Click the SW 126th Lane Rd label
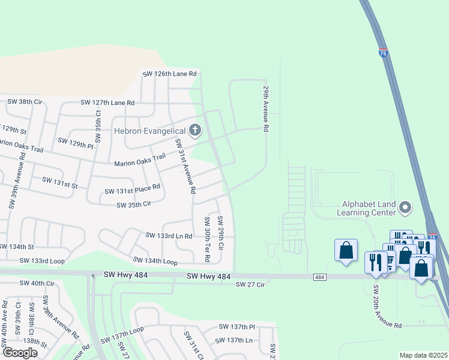pyautogui.click(x=170, y=74)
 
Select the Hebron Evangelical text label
pyautogui.click(x=149, y=130)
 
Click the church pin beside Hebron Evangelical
pyautogui.click(x=194, y=130)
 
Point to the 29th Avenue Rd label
pyautogui.click(x=265, y=108)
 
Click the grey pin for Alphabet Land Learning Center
pyautogui.click(x=405, y=208)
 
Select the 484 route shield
pyautogui.click(x=319, y=277)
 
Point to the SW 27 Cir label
pyautogui.click(x=250, y=284)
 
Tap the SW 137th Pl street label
pyautogui.click(x=237, y=327)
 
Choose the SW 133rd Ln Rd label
pyautogui.click(x=169, y=236)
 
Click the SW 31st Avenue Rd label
pyautogui.click(x=185, y=166)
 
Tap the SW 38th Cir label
pyautogui.click(x=25, y=102)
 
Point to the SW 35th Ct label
pyautogui.click(x=98, y=126)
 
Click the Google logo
pyautogui.click(x=19, y=352)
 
